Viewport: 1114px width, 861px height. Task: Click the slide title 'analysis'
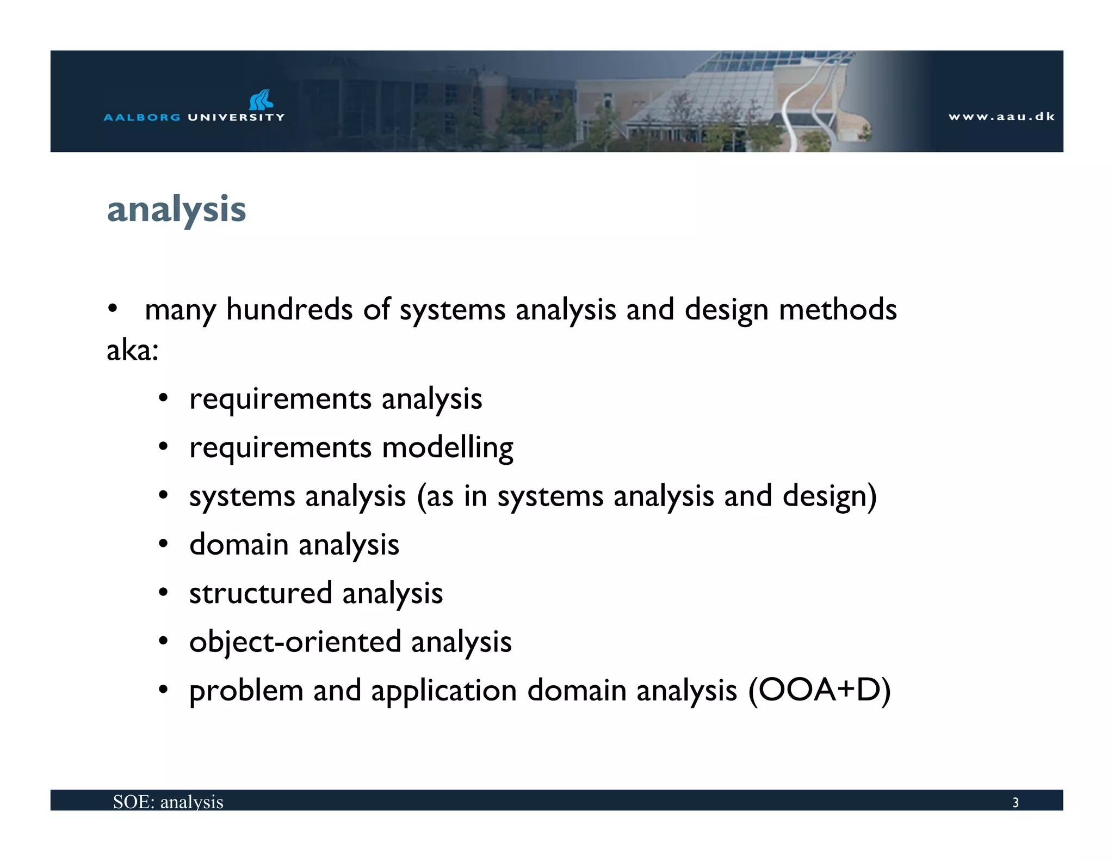[x=176, y=210]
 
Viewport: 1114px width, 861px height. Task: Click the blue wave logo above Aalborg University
[x=261, y=100]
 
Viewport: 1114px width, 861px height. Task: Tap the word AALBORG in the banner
[x=142, y=117]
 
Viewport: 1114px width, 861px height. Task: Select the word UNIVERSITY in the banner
[x=236, y=117]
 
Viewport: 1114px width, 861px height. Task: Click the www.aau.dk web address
[x=1001, y=116]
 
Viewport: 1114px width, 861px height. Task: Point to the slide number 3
[x=1015, y=802]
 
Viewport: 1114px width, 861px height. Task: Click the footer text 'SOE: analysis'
[x=168, y=802]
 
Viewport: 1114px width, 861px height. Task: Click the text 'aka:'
[x=132, y=350]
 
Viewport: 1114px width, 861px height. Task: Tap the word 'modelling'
[x=447, y=448]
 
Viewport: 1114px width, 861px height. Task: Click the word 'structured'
[x=260, y=593]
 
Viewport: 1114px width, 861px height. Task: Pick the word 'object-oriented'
[x=295, y=642]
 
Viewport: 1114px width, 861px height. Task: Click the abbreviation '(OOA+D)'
[x=819, y=691]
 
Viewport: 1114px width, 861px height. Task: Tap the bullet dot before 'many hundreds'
[x=112, y=309]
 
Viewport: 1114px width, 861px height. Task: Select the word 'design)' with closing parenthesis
[x=829, y=496]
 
